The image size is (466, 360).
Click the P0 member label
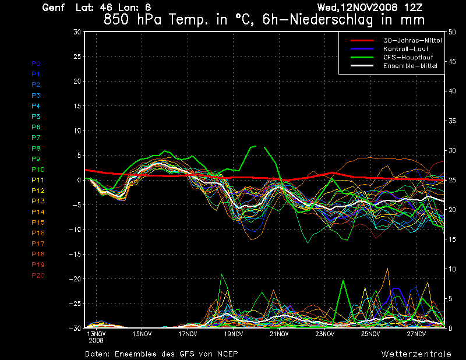36,63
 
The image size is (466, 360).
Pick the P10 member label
38,170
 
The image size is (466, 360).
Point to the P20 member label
38,276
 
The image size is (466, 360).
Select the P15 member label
38,223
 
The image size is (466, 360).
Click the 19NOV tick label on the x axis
233,334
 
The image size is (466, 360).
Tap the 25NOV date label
370,334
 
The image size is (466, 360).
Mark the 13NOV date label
96,334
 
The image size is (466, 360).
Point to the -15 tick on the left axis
75,255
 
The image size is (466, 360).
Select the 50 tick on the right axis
452,32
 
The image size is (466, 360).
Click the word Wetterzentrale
416,354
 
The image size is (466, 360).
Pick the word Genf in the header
54,8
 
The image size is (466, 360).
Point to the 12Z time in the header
415,8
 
